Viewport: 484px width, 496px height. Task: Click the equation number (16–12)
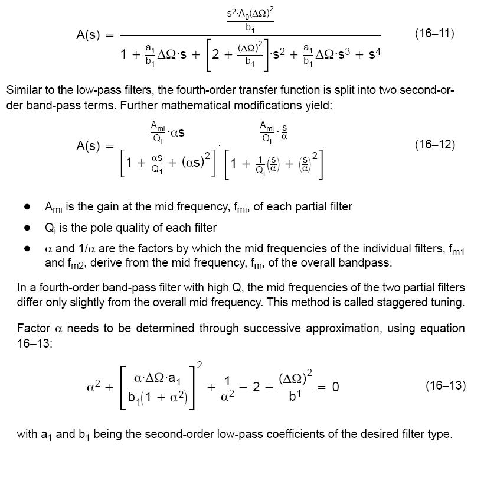tap(435, 145)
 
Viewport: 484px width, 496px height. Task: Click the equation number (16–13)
tap(446, 386)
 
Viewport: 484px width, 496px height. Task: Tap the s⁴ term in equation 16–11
tap(374, 54)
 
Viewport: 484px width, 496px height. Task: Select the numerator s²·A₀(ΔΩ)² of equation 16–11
tap(250, 13)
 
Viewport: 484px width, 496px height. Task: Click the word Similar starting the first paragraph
tap(24, 91)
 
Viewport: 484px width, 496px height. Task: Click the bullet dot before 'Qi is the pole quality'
tap(27, 228)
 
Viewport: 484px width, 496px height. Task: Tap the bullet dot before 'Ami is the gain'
tap(27, 207)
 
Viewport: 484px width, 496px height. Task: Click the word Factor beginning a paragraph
tap(33, 328)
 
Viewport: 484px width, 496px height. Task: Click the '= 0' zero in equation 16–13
tap(335, 387)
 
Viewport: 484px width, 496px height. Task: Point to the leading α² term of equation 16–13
tap(93, 387)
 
